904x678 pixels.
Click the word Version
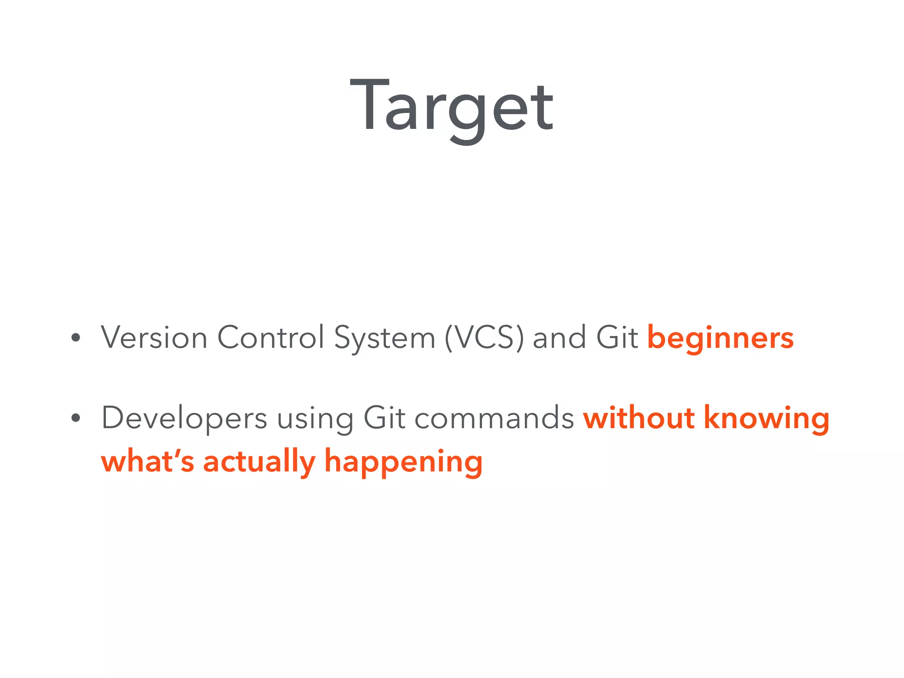[x=154, y=338]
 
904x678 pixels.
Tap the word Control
[x=271, y=338]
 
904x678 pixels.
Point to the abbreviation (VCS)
[x=484, y=338]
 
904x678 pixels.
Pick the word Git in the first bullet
[x=617, y=338]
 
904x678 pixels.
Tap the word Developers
[x=184, y=418]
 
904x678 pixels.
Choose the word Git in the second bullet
[x=384, y=418]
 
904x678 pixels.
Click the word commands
[x=494, y=418]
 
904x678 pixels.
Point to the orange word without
[x=639, y=418]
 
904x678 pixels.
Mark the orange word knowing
[x=767, y=418]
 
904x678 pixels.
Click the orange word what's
[x=147, y=461]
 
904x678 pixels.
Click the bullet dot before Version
[x=76, y=338]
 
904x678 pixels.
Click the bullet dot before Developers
[x=76, y=418]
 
